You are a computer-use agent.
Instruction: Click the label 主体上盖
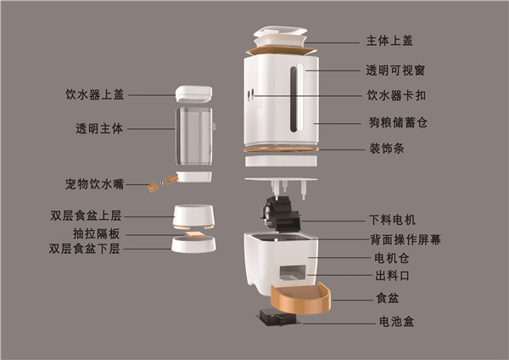(x=389, y=41)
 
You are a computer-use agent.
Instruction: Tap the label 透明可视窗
(x=395, y=70)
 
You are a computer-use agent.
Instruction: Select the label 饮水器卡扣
(x=396, y=96)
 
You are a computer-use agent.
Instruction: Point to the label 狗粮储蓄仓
(x=398, y=122)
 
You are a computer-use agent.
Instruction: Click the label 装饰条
(x=387, y=148)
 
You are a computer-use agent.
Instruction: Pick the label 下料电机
(x=393, y=220)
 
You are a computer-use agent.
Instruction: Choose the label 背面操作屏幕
(x=406, y=239)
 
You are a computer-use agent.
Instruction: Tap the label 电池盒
(x=397, y=322)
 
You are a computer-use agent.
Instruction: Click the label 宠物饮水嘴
(x=94, y=184)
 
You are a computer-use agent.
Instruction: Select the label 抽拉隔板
(x=97, y=233)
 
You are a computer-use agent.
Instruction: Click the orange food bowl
(x=301, y=299)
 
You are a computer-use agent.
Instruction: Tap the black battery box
(x=279, y=317)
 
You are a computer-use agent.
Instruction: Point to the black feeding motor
(x=281, y=213)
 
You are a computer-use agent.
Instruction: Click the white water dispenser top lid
(x=193, y=94)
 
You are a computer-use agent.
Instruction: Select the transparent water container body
(x=194, y=137)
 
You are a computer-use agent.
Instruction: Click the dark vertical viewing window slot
(x=294, y=99)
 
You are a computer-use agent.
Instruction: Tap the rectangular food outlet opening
(x=292, y=273)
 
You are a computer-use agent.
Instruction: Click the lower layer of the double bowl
(x=193, y=245)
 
